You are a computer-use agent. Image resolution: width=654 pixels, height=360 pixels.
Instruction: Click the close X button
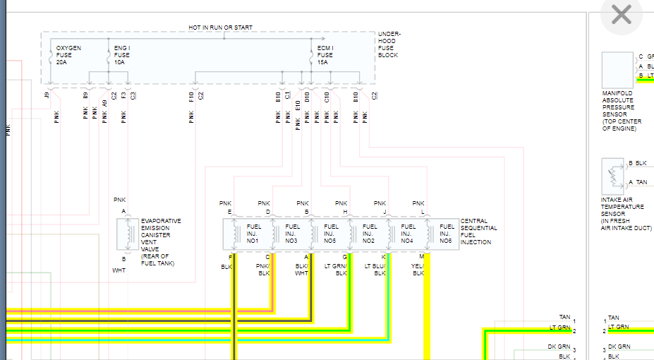tap(621, 15)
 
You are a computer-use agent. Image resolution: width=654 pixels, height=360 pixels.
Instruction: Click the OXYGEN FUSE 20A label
tap(68, 55)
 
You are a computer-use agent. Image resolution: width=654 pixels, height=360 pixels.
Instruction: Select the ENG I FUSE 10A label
tap(122, 55)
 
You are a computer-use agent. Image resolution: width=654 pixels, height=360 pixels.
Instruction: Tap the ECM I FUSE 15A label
tap(325, 55)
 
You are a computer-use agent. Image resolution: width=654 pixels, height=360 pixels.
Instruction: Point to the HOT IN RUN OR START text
tap(220, 28)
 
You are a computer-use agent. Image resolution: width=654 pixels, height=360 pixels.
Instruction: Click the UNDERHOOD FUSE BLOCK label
tap(389, 44)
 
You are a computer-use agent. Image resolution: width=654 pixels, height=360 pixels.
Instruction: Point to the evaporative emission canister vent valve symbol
tap(128, 234)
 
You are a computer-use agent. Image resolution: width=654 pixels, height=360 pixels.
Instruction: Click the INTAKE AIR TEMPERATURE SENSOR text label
tap(622, 213)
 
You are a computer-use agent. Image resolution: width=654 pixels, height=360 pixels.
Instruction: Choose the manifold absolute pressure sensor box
tap(617, 70)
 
